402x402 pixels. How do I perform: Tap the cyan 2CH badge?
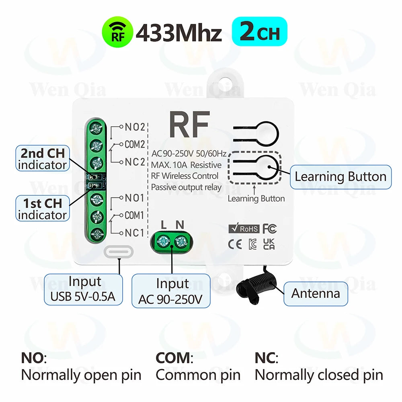pos(260,32)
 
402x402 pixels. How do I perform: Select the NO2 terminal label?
pos(134,127)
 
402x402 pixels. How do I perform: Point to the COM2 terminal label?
pos(134,144)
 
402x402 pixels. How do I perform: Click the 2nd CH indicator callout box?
pos(42,158)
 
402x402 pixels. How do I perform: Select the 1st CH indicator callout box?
pos(42,209)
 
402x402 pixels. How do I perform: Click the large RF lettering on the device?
pos(189,125)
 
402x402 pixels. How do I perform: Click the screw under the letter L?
pos(164,241)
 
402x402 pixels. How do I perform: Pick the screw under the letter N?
pos(180,241)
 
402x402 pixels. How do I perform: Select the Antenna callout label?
pos(316,293)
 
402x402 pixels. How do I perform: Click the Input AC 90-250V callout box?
pos(172,291)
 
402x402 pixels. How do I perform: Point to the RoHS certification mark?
pos(244,229)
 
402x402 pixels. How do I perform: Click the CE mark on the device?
pos(236,244)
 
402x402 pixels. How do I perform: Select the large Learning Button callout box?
pos(340,177)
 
